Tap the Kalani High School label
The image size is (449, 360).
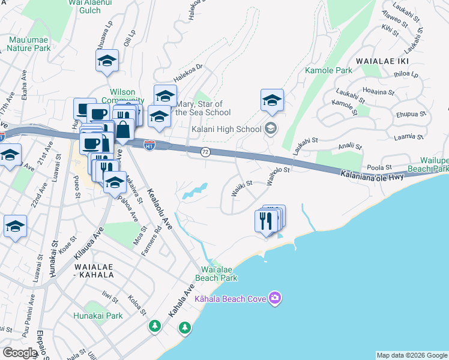(x=226, y=129)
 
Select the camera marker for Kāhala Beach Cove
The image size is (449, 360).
(x=275, y=298)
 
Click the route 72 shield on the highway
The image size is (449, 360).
(x=205, y=152)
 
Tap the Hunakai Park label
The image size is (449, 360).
(x=98, y=316)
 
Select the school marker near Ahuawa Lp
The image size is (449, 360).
(x=107, y=61)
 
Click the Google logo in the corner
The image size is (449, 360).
(x=20, y=353)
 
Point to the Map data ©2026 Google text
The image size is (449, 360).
(x=411, y=355)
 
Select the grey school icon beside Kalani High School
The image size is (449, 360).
(x=271, y=128)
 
